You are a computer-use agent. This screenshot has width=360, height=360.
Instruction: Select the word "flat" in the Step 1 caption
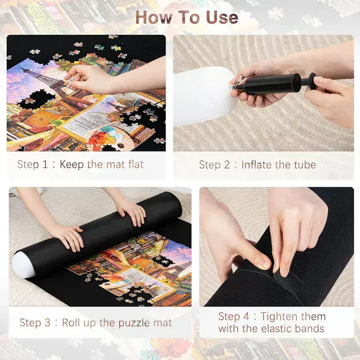[134, 165]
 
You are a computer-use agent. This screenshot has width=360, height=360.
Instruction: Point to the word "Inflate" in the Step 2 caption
[258, 165]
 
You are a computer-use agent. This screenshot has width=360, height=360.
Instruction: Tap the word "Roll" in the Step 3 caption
[72, 323]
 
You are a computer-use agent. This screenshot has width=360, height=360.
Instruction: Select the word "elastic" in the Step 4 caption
[273, 329]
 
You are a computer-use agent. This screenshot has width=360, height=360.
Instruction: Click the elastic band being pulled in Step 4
[274, 277]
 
